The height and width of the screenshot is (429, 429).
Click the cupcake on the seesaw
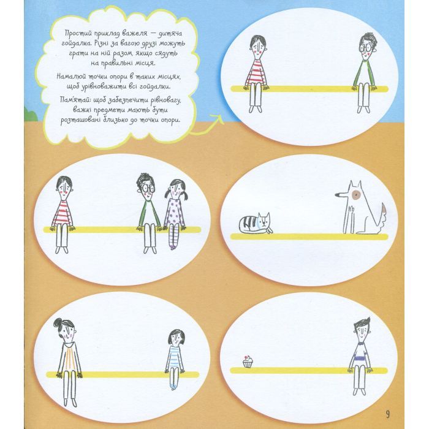248,362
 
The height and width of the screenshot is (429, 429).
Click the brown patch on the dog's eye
355,194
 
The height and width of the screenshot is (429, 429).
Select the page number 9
388,414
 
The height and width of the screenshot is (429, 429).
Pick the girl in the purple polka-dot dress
175,214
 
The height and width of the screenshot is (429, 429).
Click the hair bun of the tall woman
58,322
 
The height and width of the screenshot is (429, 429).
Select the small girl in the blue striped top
174,359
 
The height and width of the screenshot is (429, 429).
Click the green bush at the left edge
31,115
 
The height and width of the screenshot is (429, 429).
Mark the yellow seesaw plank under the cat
309,237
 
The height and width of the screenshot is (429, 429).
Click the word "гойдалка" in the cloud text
75,44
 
